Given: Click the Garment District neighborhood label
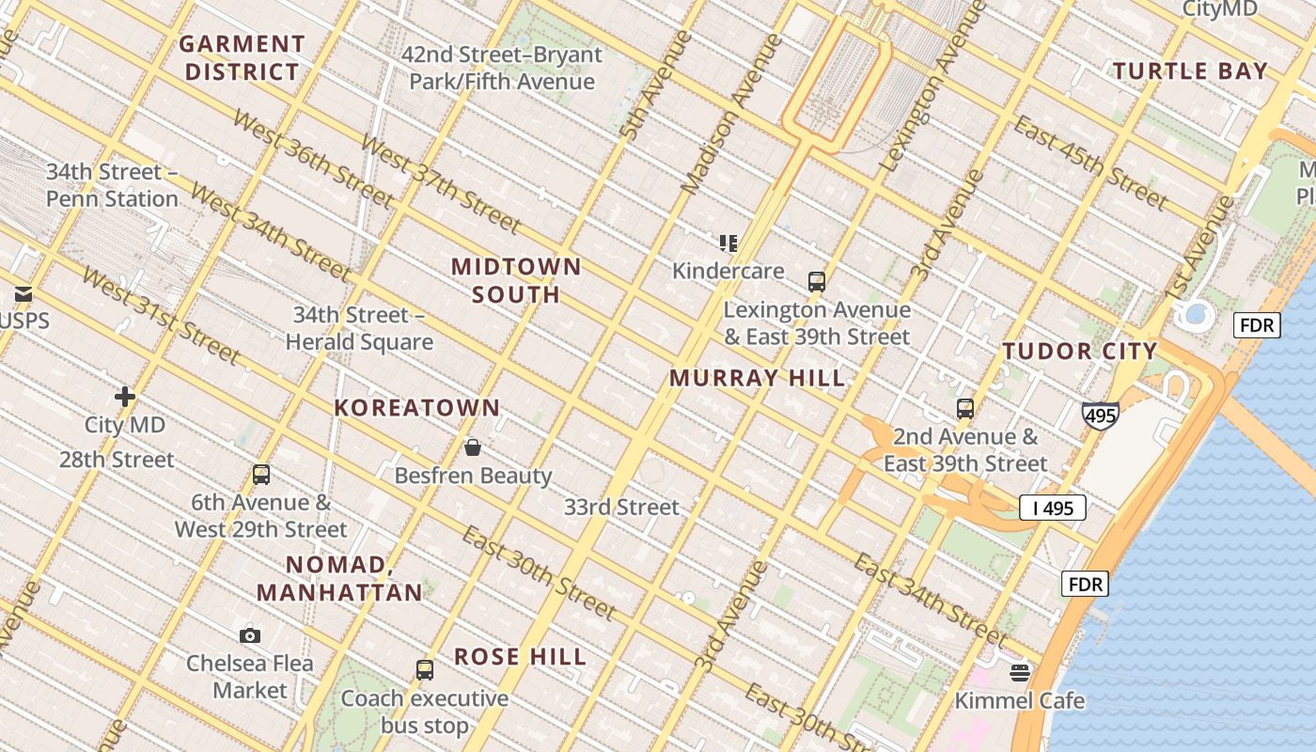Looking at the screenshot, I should pos(243,57).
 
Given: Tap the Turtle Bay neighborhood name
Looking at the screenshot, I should pos(1190,70).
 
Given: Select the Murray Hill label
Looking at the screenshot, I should pos(757,378).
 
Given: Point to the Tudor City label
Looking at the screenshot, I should pos(1079,352).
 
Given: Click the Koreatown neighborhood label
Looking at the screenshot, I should pos(417,408).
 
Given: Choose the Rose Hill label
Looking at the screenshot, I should pos(521,656).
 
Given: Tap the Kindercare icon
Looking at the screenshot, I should pos(728,243).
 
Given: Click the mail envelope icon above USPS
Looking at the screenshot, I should pos(23,294).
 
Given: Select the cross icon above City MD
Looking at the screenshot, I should pos(124,397).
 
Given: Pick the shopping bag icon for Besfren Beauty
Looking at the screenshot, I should pos(473,447).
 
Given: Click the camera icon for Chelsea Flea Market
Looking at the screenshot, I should pos(249,635).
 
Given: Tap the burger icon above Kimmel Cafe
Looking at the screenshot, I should pos(1020,672).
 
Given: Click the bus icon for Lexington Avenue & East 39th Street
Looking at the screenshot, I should pos(816,281).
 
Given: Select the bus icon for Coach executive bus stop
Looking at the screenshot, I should pos(425,670).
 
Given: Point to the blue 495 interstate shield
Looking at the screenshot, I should pos(1100,415).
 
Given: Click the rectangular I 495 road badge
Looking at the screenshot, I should pos(1052,508).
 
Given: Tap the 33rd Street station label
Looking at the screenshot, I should pos(621,508).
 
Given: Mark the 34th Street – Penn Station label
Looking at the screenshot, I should pos(112,185).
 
